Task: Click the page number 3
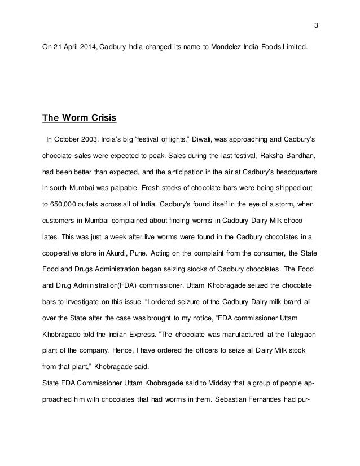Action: click(x=316, y=25)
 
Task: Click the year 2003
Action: click(x=92, y=137)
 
